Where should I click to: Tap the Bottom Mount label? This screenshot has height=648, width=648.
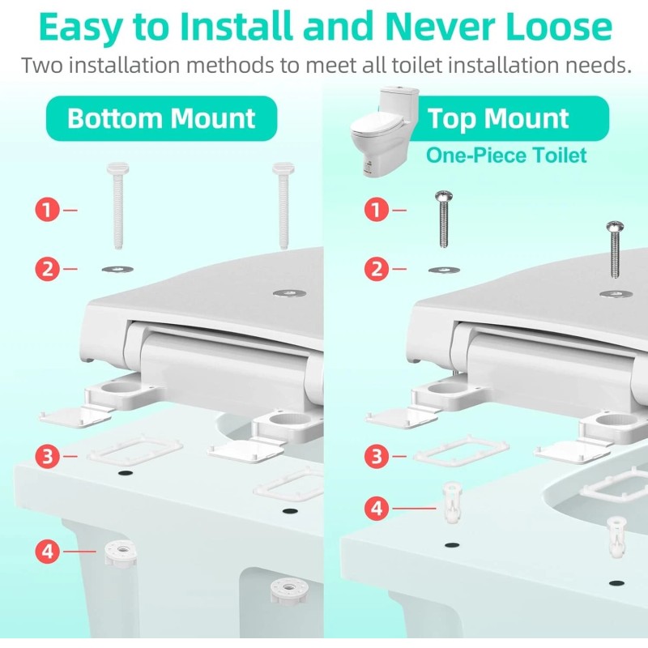point(161,118)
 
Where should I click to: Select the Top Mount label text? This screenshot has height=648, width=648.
point(498,119)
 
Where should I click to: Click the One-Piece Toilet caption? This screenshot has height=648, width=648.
point(506,156)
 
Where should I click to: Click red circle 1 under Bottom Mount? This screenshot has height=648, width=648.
point(47,210)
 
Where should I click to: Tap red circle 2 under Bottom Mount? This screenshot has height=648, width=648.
point(47,269)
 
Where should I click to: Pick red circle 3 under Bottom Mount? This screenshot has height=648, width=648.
point(47,456)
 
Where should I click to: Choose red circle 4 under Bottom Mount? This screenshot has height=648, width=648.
point(47,552)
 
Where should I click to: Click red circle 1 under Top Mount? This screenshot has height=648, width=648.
point(376,210)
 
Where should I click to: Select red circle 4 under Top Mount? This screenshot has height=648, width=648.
point(376,508)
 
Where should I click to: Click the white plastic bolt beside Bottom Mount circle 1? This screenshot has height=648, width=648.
point(118,206)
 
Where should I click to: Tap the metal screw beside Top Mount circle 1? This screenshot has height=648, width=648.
point(444,219)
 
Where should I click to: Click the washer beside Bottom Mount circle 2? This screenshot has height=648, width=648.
point(117,270)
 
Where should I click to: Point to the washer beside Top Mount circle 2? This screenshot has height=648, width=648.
point(444,270)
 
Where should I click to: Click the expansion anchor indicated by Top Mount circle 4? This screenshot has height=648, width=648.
point(452,501)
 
